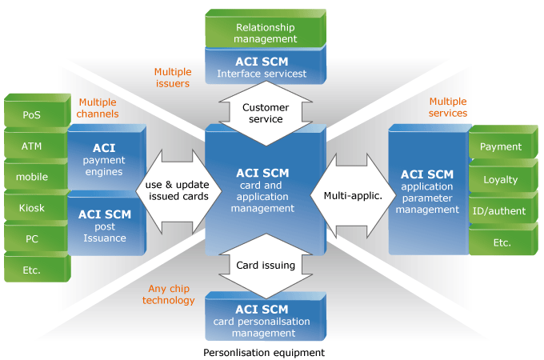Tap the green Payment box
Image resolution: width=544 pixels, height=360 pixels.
[503, 142]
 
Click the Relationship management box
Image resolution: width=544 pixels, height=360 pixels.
[266, 29]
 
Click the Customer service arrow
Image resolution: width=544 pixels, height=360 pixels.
[266, 113]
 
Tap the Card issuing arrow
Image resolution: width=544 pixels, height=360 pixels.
[266, 266]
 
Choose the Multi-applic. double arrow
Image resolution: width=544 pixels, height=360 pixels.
[353, 196]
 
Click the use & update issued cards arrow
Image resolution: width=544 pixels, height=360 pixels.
[178, 191]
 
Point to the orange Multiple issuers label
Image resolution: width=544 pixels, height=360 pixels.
[173, 78]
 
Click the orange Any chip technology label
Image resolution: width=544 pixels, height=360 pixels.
[169, 294]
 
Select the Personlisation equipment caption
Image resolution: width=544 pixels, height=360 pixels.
[264, 353]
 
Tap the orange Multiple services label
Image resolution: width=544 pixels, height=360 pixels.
[448, 107]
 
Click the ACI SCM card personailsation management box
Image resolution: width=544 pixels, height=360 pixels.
[266, 316]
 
